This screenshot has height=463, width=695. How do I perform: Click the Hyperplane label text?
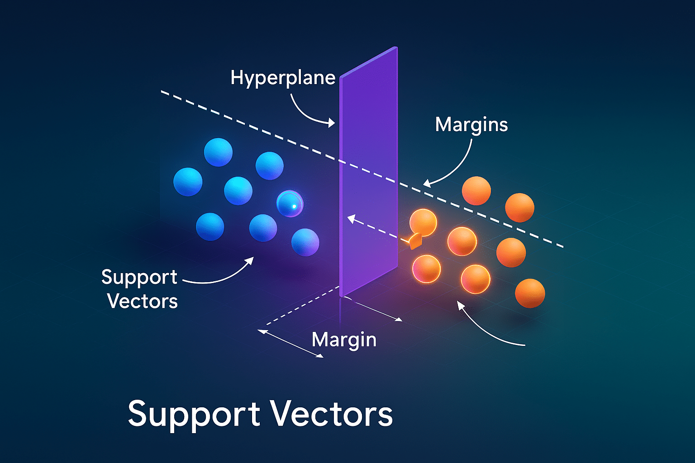(x=283, y=78)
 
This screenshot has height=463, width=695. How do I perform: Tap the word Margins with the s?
(x=471, y=125)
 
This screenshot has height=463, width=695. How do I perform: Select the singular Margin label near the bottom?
(x=344, y=340)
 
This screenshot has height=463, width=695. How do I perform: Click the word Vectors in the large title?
(x=332, y=414)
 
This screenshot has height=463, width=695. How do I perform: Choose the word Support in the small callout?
(x=139, y=277)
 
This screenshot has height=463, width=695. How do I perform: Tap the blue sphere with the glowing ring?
(x=290, y=204)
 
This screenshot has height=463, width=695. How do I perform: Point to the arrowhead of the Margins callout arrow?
(x=427, y=183)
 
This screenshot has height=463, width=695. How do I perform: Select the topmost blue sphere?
(x=218, y=152)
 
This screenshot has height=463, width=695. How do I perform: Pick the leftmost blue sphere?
(x=188, y=182)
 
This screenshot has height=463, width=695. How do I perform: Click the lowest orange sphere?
(x=530, y=293)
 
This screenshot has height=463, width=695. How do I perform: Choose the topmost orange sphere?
(x=476, y=190)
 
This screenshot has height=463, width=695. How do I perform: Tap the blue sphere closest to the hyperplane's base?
(x=305, y=242)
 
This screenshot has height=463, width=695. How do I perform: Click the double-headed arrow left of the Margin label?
(x=290, y=344)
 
